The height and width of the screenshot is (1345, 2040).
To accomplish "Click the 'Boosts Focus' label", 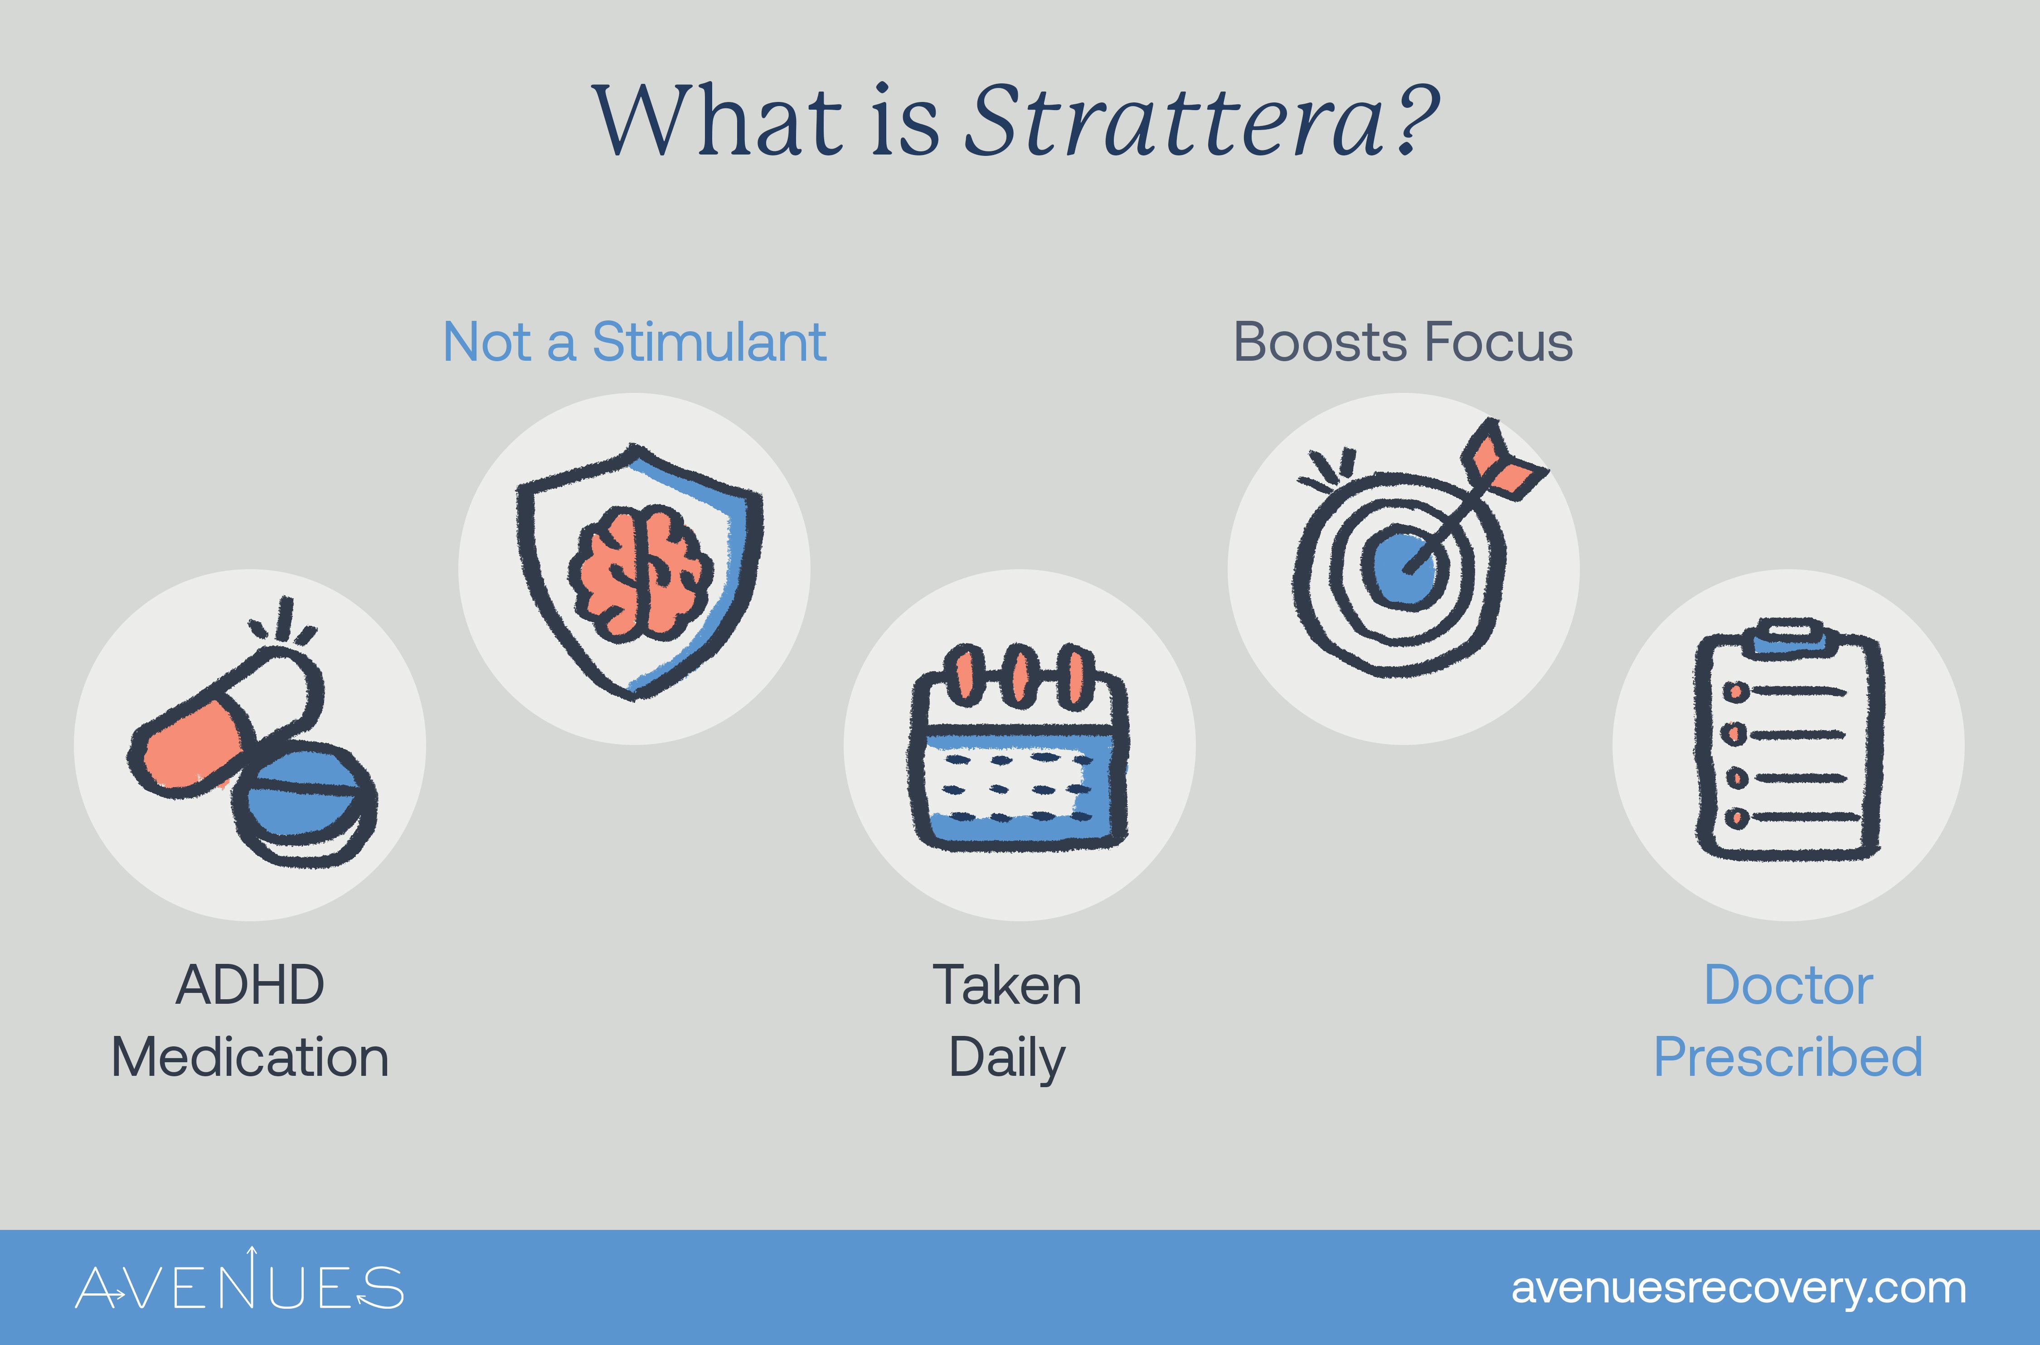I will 1403,342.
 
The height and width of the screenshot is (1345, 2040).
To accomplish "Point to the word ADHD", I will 250,985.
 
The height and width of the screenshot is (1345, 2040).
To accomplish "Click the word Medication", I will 250,1057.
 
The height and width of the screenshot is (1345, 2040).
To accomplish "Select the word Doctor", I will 1788,985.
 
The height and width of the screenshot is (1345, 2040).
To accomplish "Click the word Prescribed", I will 1788,1057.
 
